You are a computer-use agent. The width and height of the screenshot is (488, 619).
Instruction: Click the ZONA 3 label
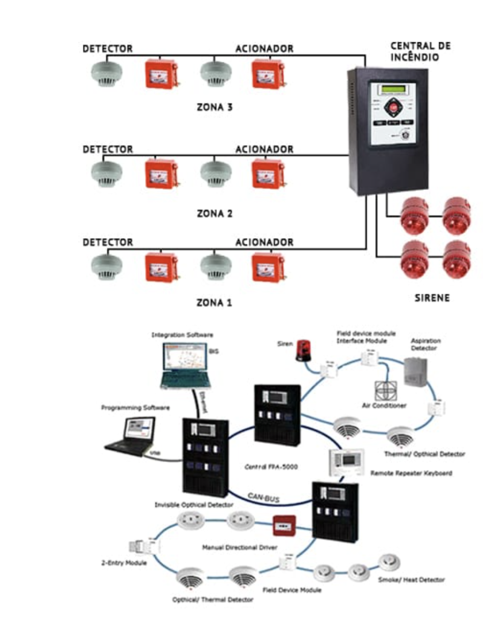coord(214,108)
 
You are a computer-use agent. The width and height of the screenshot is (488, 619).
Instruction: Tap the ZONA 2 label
coord(214,213)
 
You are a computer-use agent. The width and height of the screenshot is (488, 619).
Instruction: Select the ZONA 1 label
coord(214,302)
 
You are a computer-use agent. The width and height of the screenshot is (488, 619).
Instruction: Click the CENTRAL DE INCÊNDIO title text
coord(420,51)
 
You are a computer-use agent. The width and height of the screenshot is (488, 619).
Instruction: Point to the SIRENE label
coord(432,298)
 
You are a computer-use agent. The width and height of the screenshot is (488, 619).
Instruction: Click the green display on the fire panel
coord(391,89)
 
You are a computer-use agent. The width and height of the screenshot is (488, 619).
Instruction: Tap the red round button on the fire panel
coord(392,108)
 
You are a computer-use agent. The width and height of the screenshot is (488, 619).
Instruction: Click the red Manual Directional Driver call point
coord(282,525)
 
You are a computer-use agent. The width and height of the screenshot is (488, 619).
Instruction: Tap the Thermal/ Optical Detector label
coord(425,453)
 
